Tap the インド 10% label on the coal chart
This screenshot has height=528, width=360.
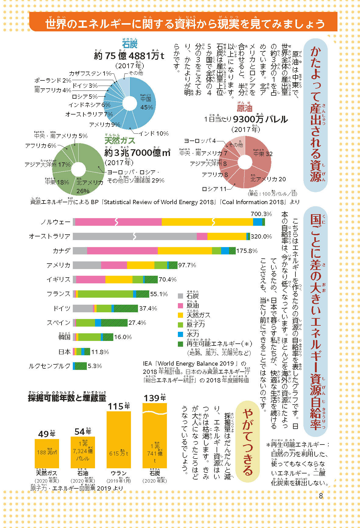[154, 133]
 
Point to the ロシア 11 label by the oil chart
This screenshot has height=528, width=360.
[214, 189]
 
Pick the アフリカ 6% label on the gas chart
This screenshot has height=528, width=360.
[41, 146]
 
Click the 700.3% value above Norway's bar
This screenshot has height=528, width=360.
[261, 214]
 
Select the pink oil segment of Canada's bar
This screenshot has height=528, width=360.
[122, 251]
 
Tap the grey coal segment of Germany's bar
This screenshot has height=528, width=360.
[83, 308]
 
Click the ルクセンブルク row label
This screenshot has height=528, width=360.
[50, 366]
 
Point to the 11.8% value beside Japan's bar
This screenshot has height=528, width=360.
[100, 352]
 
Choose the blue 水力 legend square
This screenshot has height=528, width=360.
[180, 334]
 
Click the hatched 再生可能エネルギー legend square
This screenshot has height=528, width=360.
[180, 344]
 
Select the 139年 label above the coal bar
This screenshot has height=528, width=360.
[155, 398]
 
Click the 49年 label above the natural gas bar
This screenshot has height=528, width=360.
[47, 434]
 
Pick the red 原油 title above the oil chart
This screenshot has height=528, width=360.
[245, 108]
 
